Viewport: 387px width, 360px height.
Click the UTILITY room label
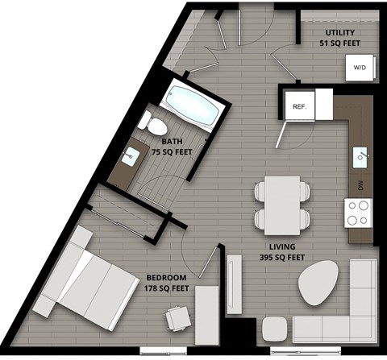point(339,33)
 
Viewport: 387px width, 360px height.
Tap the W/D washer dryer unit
point(358,68)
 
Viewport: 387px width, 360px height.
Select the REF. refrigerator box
point(298,106)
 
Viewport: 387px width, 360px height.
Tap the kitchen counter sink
point(362,154)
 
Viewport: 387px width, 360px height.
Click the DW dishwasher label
point(359,185)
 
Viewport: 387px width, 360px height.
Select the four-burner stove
point(359,212)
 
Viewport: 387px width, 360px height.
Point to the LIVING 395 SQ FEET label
point(282,251)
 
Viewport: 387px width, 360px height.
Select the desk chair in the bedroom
point(177,320)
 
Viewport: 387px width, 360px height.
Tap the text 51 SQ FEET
point(339,43)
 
